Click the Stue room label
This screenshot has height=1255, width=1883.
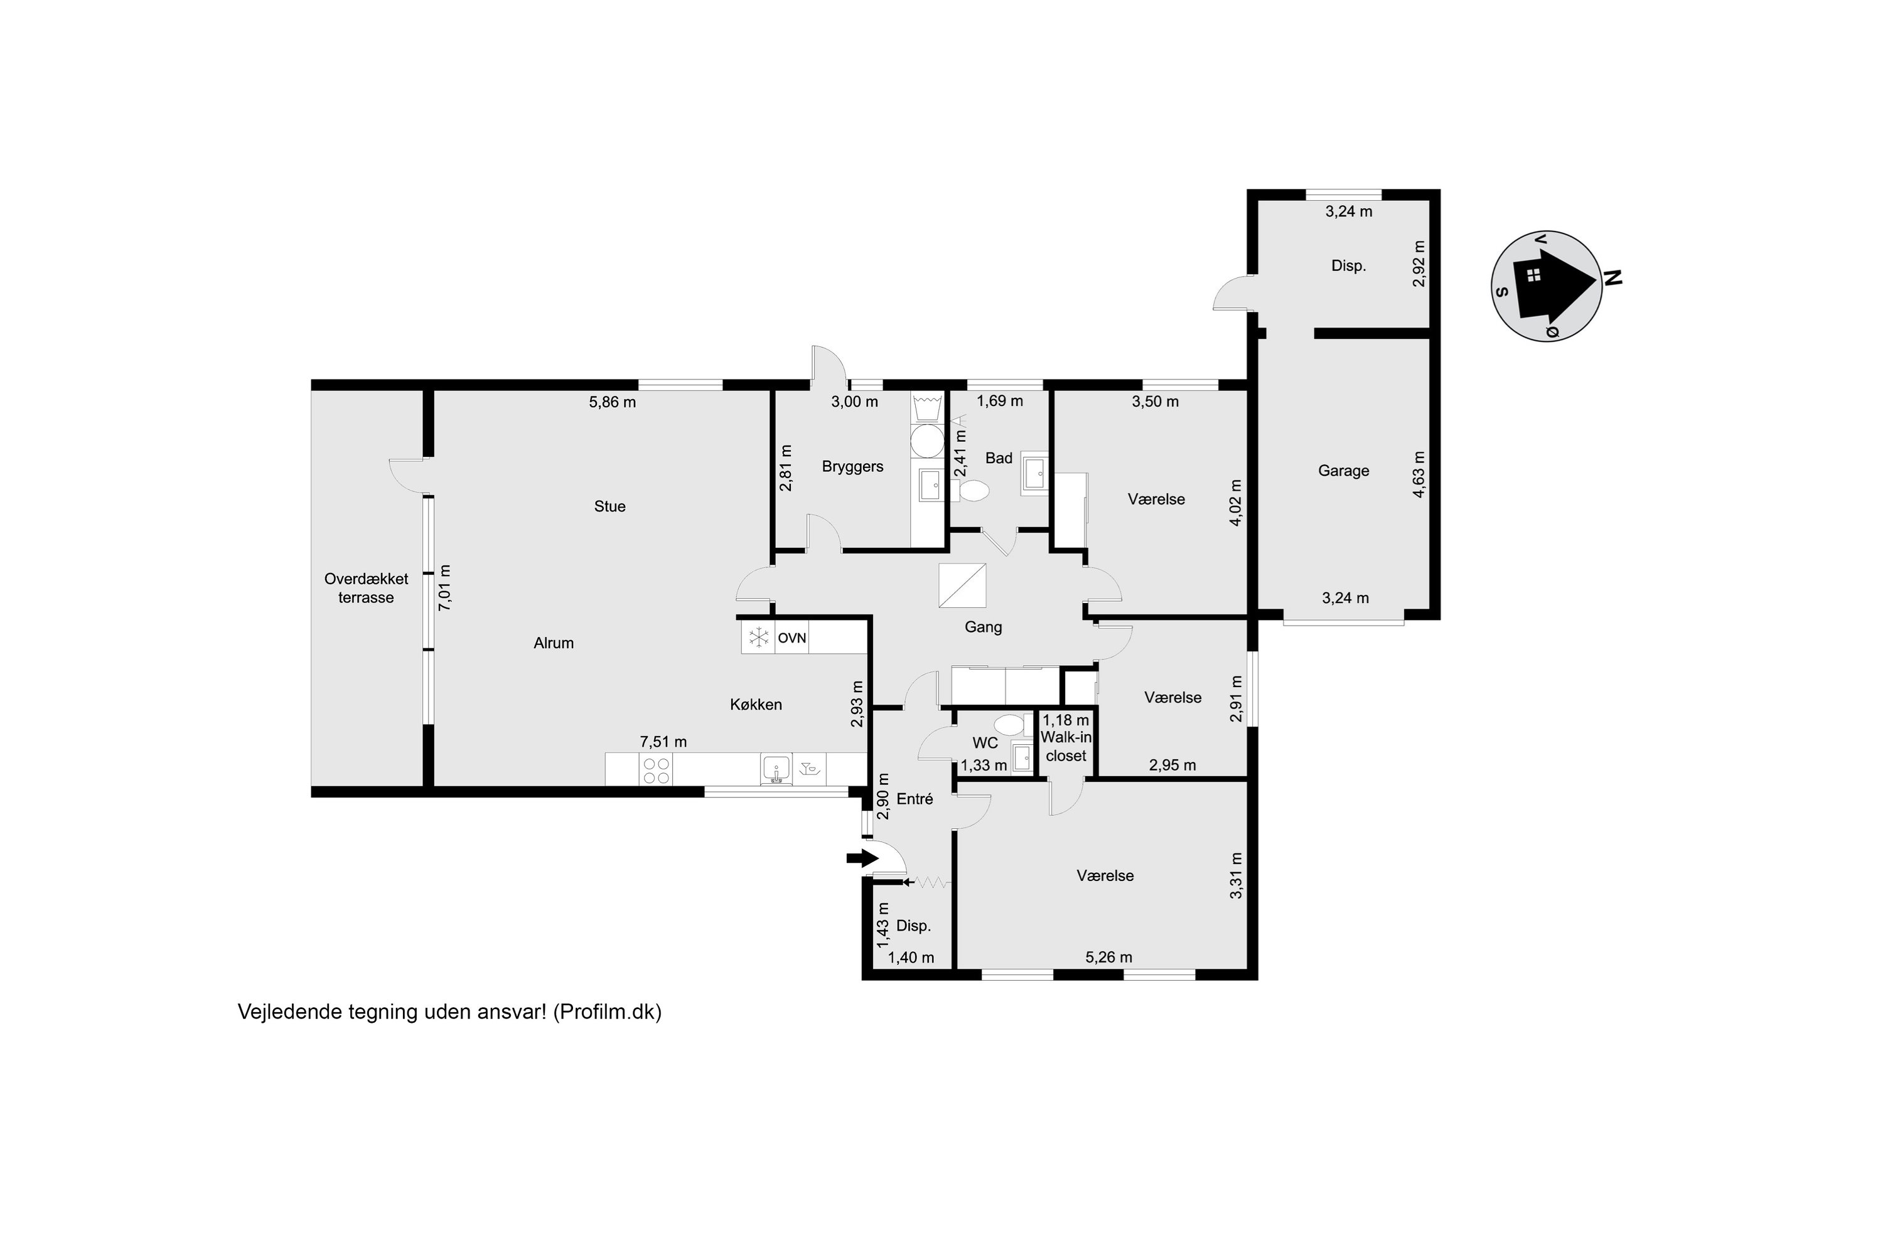point(609,506)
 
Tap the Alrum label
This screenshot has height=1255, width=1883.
point(553,643)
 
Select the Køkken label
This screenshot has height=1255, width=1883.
point(756,704)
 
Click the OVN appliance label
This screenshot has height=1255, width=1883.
point(791,638)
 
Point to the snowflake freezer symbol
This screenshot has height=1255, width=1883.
point(758,638)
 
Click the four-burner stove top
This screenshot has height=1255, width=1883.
point(656,770)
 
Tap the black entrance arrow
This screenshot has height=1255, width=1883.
point(861,859)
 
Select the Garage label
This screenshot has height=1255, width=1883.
point(1343,471)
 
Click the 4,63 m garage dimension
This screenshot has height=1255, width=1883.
point(1419,474)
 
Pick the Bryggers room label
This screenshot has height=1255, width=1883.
point(852,467)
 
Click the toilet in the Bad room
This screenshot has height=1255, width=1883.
point(974,491)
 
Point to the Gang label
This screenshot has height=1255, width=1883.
point(983,627)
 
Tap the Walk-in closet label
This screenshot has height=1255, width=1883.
point(1066,747)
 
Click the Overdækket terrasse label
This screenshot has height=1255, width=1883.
point(366,589)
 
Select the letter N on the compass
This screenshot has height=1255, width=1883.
point(1612,278)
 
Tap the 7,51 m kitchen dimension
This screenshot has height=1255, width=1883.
point(663,742)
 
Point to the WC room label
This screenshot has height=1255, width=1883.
point(985,744)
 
